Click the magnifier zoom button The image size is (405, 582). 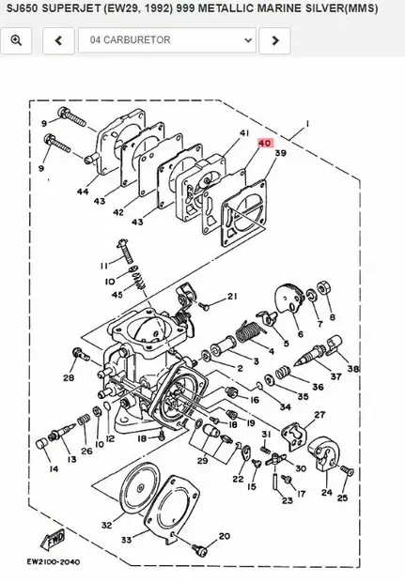tap(17, 40)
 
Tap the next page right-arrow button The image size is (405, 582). tap(273, 40)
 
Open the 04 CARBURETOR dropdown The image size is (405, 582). tap(166, 40)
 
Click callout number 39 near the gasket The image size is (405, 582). tap(280, 152)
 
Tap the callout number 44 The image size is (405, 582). tap(83, 191)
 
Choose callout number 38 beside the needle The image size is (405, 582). tap(353, 369)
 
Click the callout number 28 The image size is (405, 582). tap(68, 378)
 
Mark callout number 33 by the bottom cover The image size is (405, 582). tap(125, 540)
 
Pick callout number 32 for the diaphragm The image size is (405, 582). tap(106, 526)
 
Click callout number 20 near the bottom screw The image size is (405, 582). tap(224, 536)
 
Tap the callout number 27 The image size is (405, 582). tap(319, 414)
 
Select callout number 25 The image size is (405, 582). tap(343, 498)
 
